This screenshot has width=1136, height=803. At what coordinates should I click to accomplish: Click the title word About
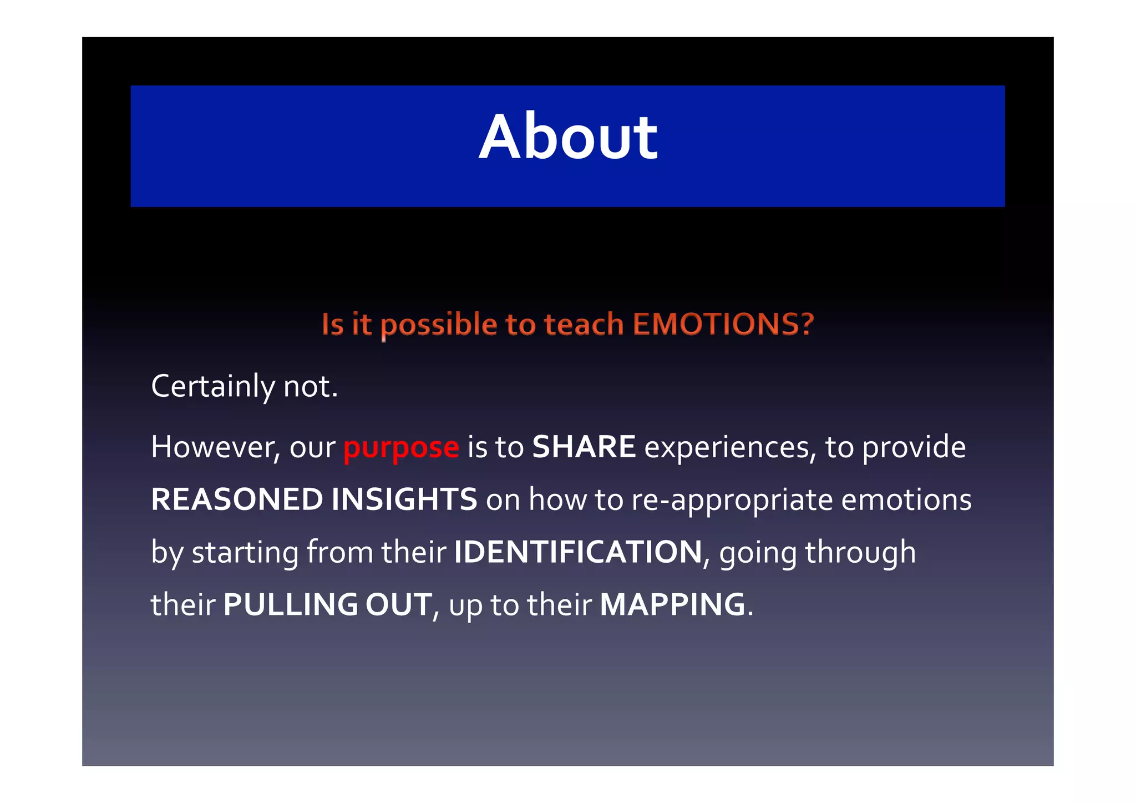[568, 138]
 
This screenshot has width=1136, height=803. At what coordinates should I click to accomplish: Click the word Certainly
[212, 387]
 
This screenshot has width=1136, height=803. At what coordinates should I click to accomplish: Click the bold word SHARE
[584, 447]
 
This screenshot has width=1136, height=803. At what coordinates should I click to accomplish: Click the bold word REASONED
[237, 499]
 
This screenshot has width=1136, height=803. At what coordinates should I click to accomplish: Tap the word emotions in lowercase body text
[906, 499]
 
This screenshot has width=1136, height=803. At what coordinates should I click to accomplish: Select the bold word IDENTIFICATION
[578, 552]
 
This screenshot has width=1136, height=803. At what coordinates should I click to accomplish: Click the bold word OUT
[398, 605]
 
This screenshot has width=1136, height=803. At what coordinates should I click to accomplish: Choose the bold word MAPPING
[672, 605]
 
